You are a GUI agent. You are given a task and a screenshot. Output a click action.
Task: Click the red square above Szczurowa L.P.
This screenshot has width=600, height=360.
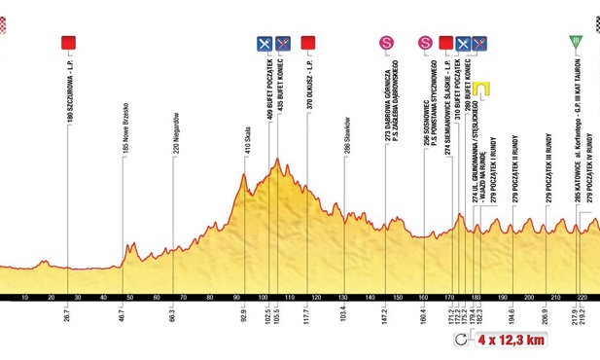pos(69,42)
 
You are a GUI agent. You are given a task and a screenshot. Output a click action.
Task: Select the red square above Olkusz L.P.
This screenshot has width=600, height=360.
pos(309,42)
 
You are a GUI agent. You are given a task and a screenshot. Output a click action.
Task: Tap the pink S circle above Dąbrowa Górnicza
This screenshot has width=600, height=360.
pos(386,42)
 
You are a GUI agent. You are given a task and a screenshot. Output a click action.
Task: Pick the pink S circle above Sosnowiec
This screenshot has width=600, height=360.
pos(425,42)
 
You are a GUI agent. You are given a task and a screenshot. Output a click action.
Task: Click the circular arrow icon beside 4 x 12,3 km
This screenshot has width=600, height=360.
pos(462,340)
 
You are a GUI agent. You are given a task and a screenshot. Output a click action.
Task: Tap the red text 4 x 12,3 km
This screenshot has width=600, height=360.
pos(510,340)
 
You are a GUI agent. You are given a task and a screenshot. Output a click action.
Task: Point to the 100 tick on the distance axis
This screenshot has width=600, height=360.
pos(263,299)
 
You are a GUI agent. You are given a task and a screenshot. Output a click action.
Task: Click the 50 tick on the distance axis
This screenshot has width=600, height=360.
pos(130,299)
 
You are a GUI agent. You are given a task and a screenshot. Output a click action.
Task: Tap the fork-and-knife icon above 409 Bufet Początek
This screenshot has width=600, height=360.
pos(264,42)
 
